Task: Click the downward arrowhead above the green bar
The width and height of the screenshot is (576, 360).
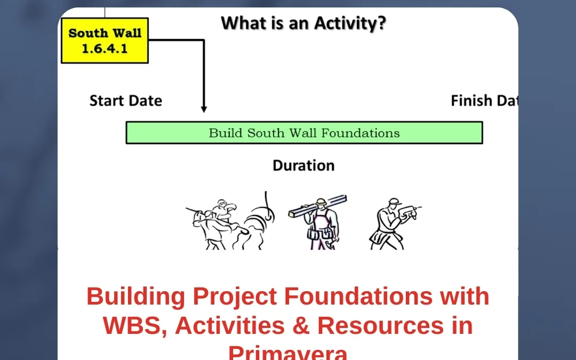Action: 204,109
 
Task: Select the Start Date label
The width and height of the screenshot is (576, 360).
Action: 125,101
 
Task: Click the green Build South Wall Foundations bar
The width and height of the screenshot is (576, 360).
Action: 304,133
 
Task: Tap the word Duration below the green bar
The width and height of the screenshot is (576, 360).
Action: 303,166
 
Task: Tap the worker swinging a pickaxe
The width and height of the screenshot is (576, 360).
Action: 219,224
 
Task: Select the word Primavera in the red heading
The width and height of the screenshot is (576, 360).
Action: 288,352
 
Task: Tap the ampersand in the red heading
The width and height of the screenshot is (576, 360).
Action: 301,325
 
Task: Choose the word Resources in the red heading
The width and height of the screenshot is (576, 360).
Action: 382,325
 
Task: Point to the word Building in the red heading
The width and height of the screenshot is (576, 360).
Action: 136,297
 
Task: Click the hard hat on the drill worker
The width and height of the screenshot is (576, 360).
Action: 393,201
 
